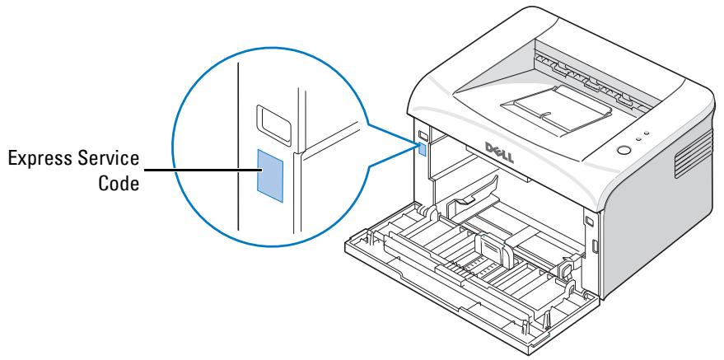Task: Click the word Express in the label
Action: pos(42,158)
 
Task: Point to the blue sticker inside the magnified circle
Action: pos(270,175)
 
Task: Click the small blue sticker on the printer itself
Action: pos(423,149)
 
